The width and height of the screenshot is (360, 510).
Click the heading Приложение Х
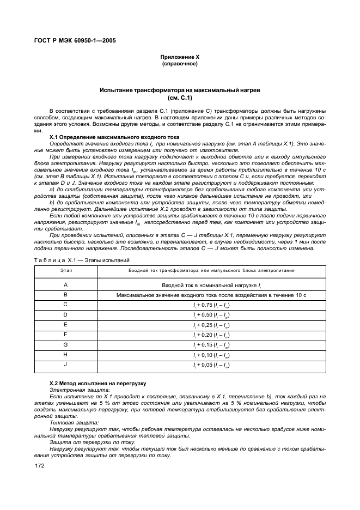pyautogui.click(x=179, y=57)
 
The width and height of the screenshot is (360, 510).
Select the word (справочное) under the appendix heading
pyautogui.click(x=179, y=64)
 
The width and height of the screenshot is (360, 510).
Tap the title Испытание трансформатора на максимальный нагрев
pyautogui.click(x=179, y=89)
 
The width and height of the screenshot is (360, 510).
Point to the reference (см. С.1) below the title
pyautogui.click(x=179, y=98)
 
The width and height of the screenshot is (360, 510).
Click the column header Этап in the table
pyautogui.click(x=65, y=270)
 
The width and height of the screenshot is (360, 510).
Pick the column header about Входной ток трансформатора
pyautogui.click(x=211, y=270)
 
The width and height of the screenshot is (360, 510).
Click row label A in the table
pyautogui.click(x=65, y=285)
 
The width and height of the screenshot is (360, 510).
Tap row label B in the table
pyautogui.click(x=65, y=295)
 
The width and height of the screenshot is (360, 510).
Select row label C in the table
pyautogui.click(x=65, y=305)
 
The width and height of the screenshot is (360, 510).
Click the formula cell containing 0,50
pyautogui.click(x=211, y=315)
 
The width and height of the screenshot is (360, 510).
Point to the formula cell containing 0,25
pyautogui.click(x=211, y=325)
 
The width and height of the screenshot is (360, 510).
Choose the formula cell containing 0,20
pyautogui.click(x=211, y=335)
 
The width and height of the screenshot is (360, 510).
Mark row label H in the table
pyautogui.click(x=65, y=354)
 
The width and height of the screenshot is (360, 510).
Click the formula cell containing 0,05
pyautogui.click(x=211, y=365)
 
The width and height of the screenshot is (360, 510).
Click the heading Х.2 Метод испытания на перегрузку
pyautogui.click(x=97, y=385)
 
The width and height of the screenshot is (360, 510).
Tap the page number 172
pyautogui.click(x=39, y=466)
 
